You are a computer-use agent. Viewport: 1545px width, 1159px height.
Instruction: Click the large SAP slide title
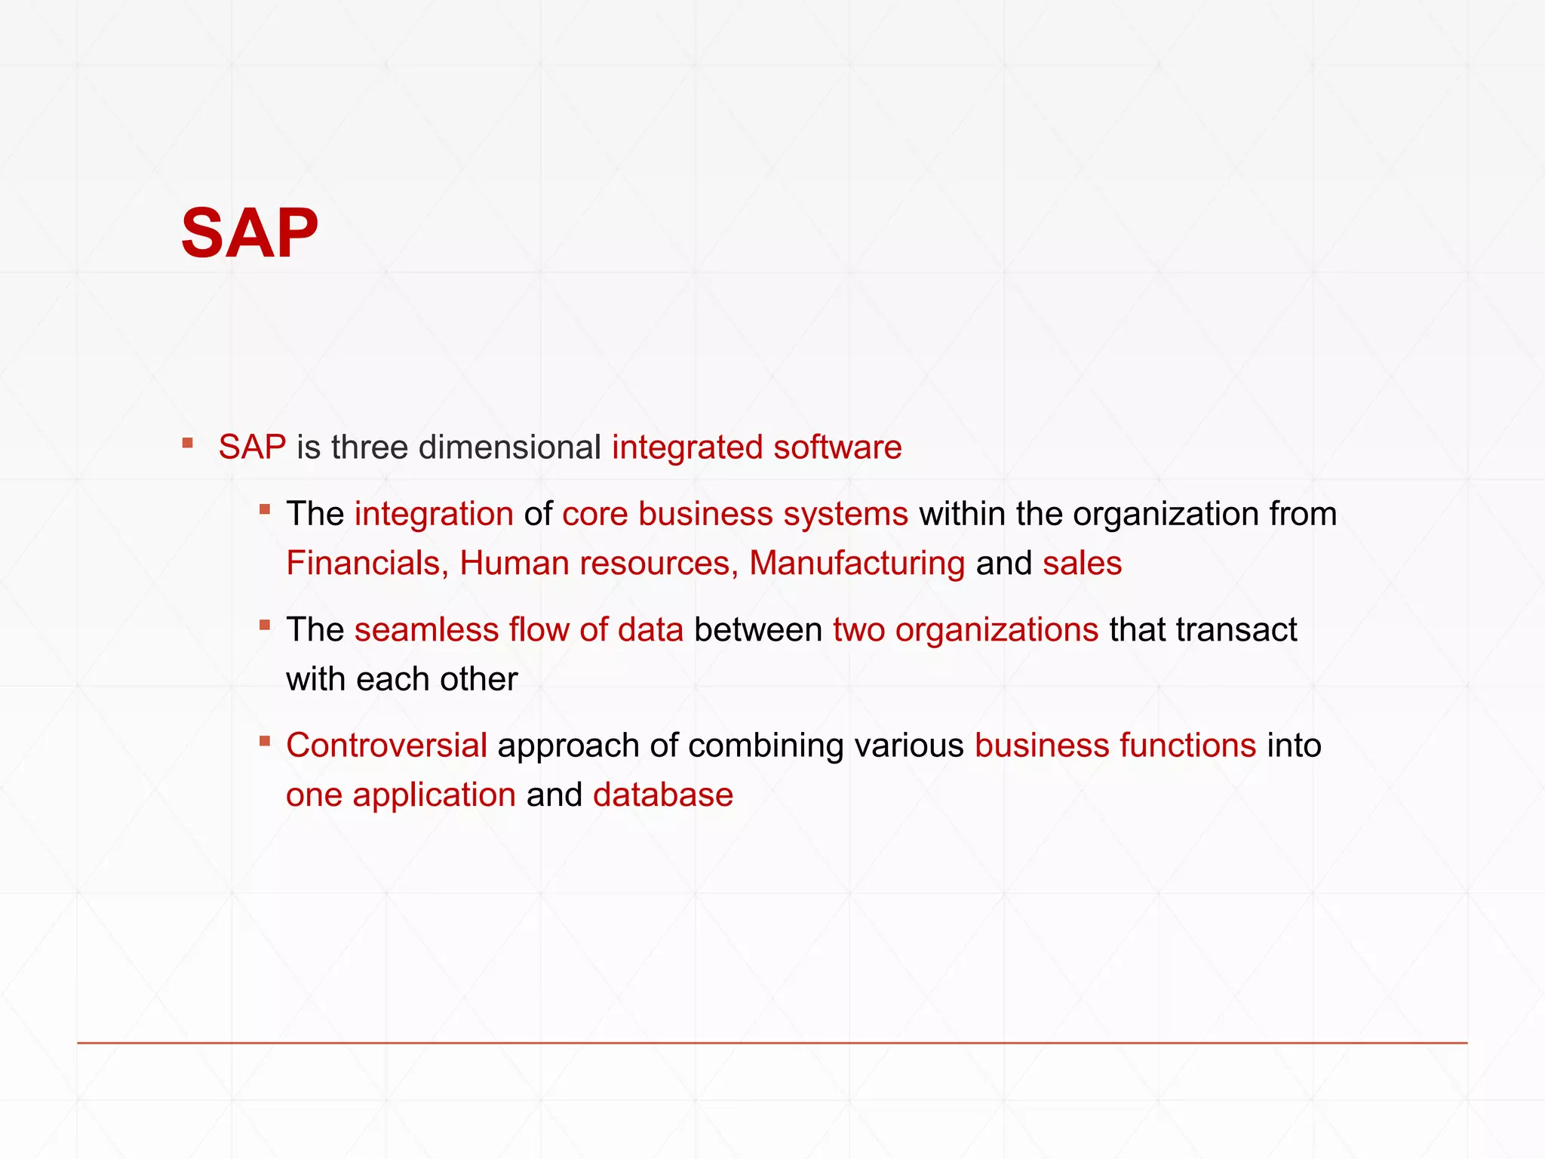coord(249,233)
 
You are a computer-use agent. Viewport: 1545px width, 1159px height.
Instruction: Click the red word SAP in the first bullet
coord(252,447)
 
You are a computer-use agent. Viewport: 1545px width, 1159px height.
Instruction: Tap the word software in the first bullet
coord(837,447)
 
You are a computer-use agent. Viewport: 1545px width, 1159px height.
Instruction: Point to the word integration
coord(434,514)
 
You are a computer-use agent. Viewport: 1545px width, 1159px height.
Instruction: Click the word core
coord(594,514)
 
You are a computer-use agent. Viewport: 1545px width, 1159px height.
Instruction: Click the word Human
coord(514,564)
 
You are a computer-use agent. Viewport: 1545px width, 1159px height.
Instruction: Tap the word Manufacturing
coord(856,564)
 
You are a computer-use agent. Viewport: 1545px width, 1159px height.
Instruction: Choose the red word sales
coord(1082,564)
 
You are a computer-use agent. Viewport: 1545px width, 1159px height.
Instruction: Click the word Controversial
coord(386,746)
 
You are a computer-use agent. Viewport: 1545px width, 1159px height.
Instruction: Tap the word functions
coord(1187,746)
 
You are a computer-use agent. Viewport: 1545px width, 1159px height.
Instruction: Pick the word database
coord(662,795)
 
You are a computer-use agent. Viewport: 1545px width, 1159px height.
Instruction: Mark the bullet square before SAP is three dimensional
coord(188,443)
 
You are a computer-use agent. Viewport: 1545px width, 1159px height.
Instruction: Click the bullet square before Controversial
coord(265,741)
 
